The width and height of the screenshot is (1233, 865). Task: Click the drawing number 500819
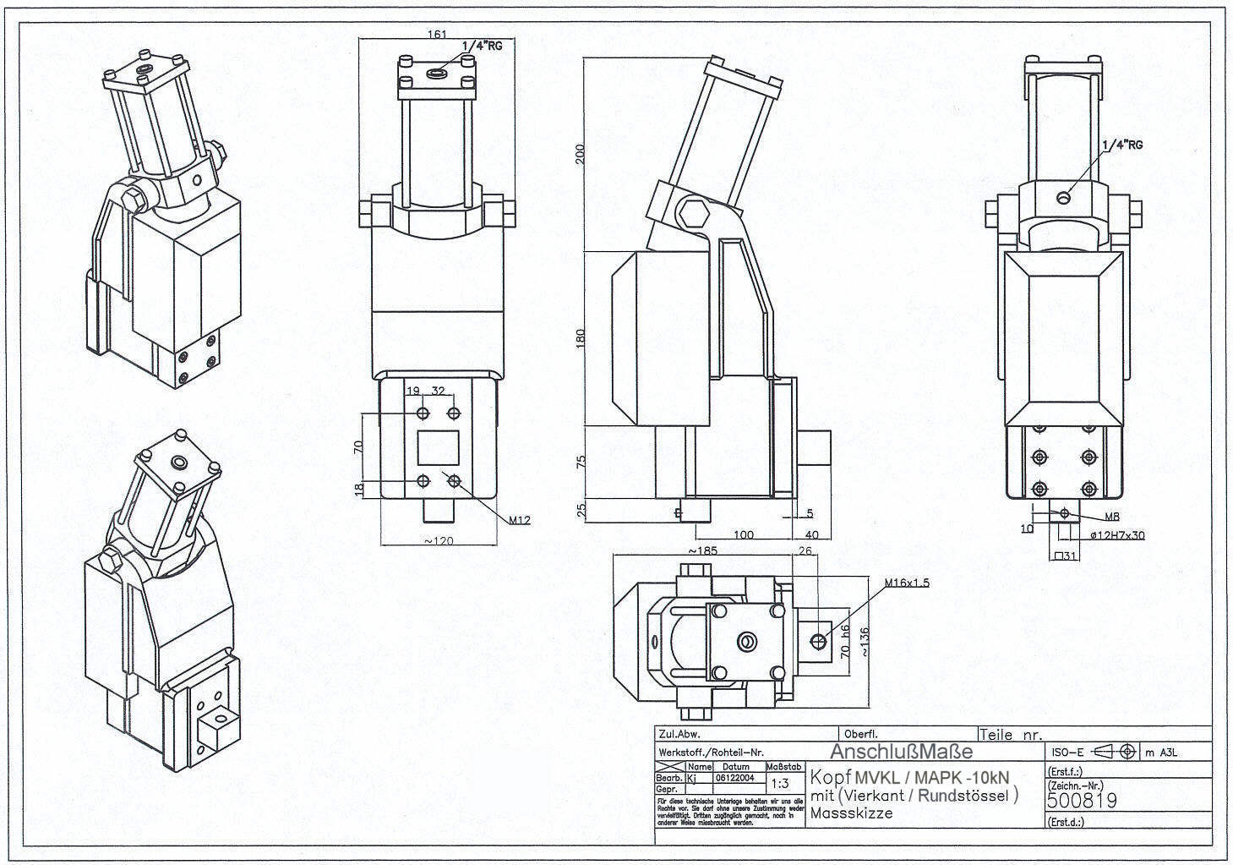pos(1082,800)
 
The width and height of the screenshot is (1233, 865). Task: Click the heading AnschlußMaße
pos(901,752)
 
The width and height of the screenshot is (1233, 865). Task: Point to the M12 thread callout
pos(520,521)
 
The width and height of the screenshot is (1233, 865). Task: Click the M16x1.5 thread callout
pos(906,583)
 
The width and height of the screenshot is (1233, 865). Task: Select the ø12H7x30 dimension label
pos(1116,535)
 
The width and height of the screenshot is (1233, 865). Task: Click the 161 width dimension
pos(438,35)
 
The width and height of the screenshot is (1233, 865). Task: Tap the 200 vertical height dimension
pos(580,154)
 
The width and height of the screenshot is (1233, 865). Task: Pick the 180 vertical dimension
pos(580,338)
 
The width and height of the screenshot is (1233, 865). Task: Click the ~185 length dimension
pos(704,551)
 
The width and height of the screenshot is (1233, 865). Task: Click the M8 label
pos(1113,517)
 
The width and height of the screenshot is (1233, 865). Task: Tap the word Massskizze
pos(851,813)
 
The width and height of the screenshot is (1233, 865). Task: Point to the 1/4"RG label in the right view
pos(1122,145)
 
